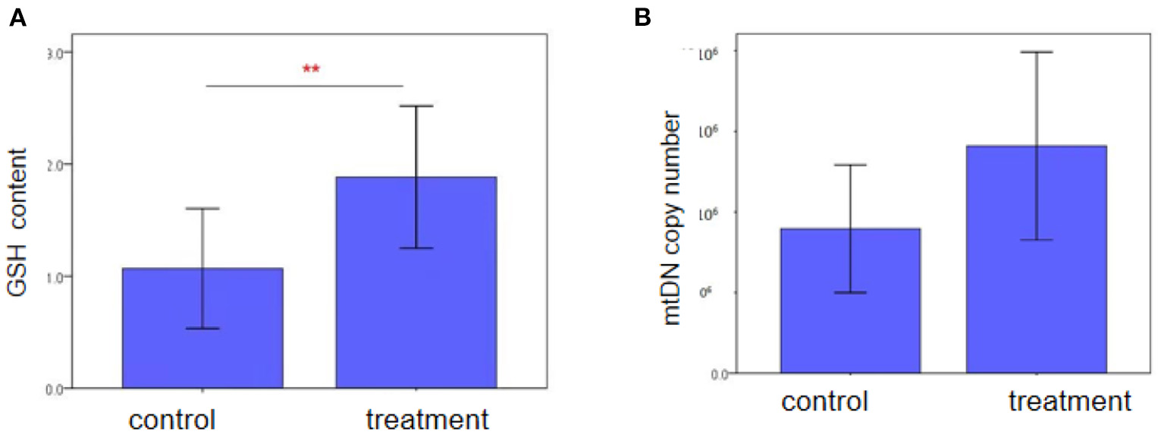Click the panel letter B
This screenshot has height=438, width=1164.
(643, 19)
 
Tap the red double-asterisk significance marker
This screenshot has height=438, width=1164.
(311, 69)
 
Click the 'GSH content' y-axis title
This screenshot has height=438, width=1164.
(21, 225)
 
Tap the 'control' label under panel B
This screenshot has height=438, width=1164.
(826, 402)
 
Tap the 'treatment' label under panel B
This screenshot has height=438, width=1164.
(1069, 402)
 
